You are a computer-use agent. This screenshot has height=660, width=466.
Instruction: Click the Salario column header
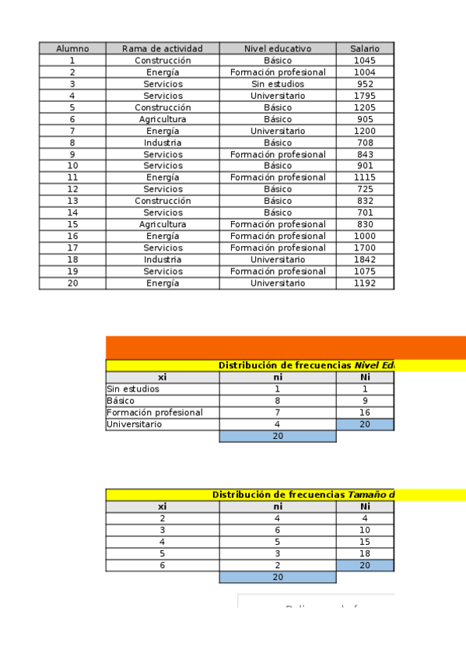[364, 48]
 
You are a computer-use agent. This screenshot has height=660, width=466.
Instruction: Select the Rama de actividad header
[163, 48]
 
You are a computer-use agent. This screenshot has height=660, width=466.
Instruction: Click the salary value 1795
[364, 96]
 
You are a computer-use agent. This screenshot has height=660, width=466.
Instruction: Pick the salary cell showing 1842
[364, 259]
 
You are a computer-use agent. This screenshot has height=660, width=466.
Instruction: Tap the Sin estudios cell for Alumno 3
[278, 84]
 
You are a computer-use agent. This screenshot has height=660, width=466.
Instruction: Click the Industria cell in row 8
[163, 142]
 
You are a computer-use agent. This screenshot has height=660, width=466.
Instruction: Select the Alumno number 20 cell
[72, 283]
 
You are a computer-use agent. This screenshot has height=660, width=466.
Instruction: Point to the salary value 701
[364, 212]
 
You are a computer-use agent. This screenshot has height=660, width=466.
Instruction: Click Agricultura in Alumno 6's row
[163, 119]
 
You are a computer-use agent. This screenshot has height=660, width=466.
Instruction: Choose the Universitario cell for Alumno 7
[278, 131]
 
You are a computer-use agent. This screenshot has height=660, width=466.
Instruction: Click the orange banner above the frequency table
[286, 347]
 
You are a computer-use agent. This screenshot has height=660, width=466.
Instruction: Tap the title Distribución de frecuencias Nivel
[306, 365]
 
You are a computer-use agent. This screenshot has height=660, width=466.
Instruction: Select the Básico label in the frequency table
[121, 401]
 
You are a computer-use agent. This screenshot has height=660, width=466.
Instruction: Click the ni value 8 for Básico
[278, 401]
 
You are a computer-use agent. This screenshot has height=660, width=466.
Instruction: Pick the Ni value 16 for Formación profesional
[365, 412]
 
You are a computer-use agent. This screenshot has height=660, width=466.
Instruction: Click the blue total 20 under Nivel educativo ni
[278, 437]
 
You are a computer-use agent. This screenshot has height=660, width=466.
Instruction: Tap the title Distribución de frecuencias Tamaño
[303, 494]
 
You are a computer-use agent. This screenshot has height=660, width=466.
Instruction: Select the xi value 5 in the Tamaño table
[163, 553]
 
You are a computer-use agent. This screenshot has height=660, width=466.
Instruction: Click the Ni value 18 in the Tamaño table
[365, 553]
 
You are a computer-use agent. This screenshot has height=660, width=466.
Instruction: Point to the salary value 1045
[364, 61]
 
